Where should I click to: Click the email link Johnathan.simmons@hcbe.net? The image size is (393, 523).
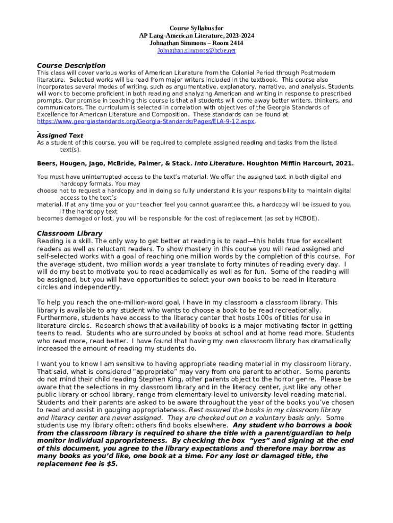click(196, 51)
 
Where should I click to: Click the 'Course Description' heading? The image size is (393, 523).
click(71, 65)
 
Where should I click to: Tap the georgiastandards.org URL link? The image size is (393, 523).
click(145, 122)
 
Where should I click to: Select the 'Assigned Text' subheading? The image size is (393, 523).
click(60, 135)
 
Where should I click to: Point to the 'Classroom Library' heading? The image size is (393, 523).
click(69, 233)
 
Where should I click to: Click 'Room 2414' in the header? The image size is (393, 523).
click(229, 43)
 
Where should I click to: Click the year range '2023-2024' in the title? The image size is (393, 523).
click(237, 36)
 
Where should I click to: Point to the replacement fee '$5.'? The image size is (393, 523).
click(111, 465)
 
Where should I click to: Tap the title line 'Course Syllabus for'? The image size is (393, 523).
click(196, 28)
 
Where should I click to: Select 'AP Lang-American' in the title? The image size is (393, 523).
click(164, 36)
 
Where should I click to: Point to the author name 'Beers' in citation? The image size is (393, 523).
click(47, 164)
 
